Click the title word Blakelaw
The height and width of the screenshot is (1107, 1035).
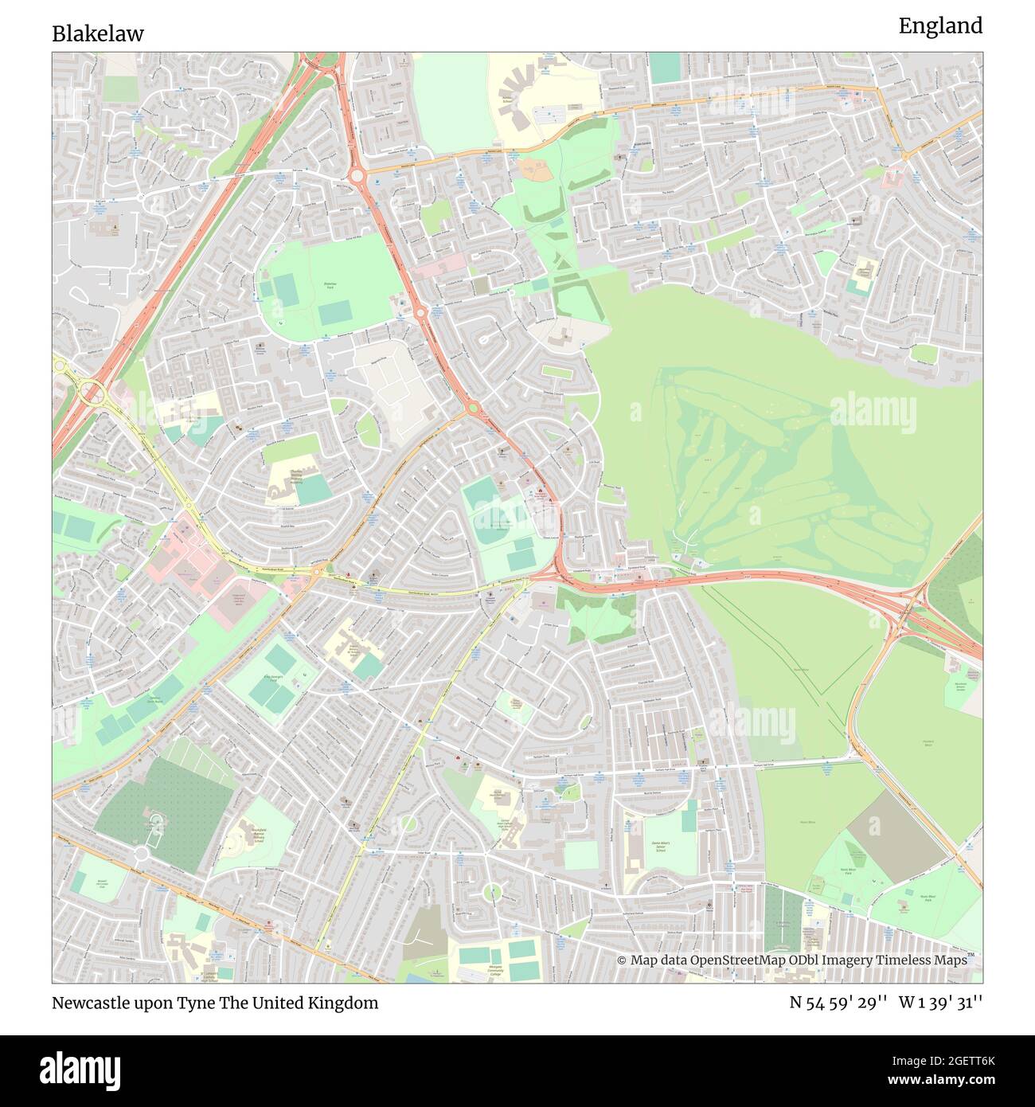pos(98,33)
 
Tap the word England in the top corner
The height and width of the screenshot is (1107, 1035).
pos(940,26)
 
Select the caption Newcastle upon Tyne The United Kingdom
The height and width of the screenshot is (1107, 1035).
pos(215,1003)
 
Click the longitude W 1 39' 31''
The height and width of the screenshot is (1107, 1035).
pos(940,1003)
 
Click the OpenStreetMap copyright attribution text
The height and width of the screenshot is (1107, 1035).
pos(792,960)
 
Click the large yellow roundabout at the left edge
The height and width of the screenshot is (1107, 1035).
pos(92,392)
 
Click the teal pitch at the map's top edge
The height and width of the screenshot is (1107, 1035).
pos(665,68)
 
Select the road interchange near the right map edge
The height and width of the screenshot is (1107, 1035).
pos(908,612)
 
